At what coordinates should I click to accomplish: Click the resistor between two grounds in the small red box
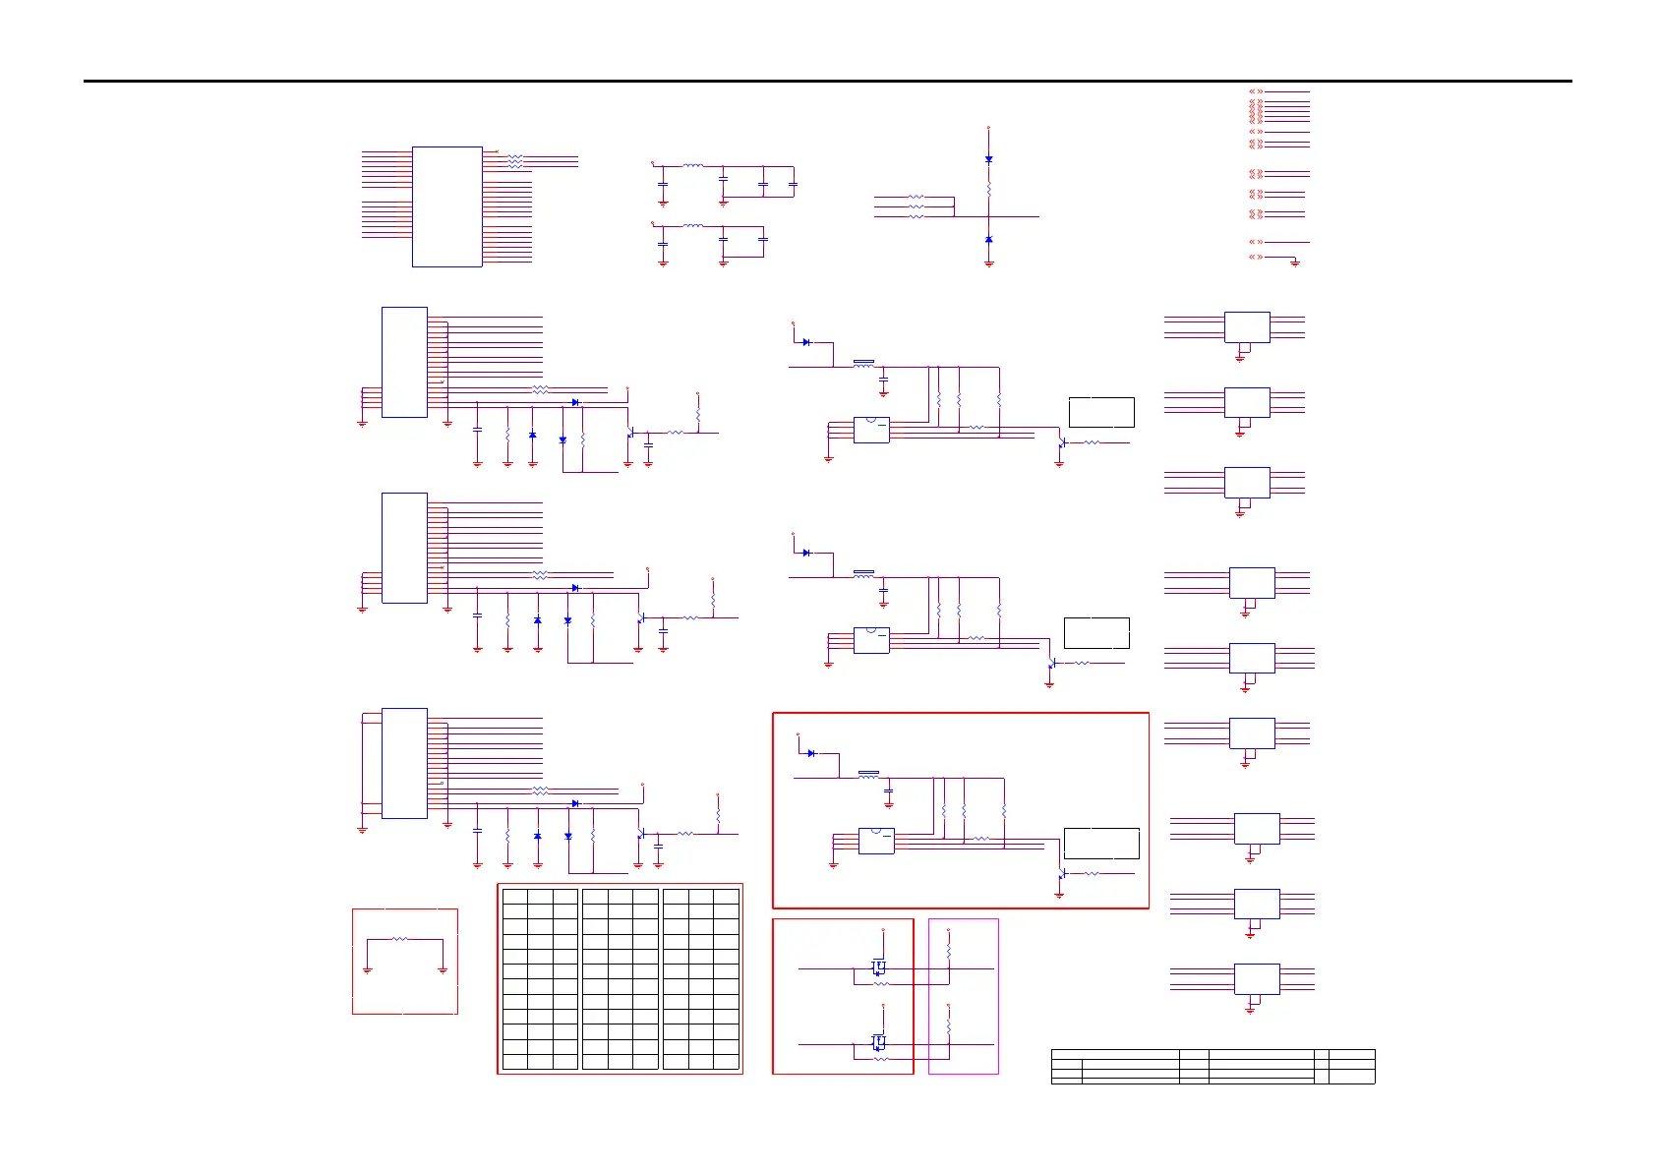(x=399, y=939)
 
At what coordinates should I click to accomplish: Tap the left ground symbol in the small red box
(x=367, y=969)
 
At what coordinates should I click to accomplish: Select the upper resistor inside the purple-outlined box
(x=948, y=953)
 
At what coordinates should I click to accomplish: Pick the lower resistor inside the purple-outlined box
(x=948, y=1027)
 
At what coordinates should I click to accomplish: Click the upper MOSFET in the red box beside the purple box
(x=878, y=967)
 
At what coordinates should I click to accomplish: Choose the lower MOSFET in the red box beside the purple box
(x=878, y=1042)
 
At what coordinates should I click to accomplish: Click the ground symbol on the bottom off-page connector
(x=1295, y=263)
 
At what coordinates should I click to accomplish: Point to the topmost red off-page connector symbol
(x=1256, y=91)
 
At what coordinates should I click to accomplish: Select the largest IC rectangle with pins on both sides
(x=446, y=206)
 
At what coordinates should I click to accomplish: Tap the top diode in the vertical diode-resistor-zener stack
(x=988, y=158)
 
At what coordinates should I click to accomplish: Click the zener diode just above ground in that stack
(x=988, y=240)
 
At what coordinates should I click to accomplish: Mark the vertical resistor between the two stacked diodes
(x=988, y=191)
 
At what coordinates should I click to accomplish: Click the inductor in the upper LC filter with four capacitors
(x=693, y=166)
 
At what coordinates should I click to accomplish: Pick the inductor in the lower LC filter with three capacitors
(x=693, y=226)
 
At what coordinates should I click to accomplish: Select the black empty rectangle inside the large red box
(x=1101, y=844)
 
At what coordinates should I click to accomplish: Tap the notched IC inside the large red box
(x=876, y=841)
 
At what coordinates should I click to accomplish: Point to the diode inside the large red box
(x=811, y=753)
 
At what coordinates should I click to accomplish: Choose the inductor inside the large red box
(x=868, y=775)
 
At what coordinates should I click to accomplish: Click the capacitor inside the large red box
(x=889, y=790)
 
